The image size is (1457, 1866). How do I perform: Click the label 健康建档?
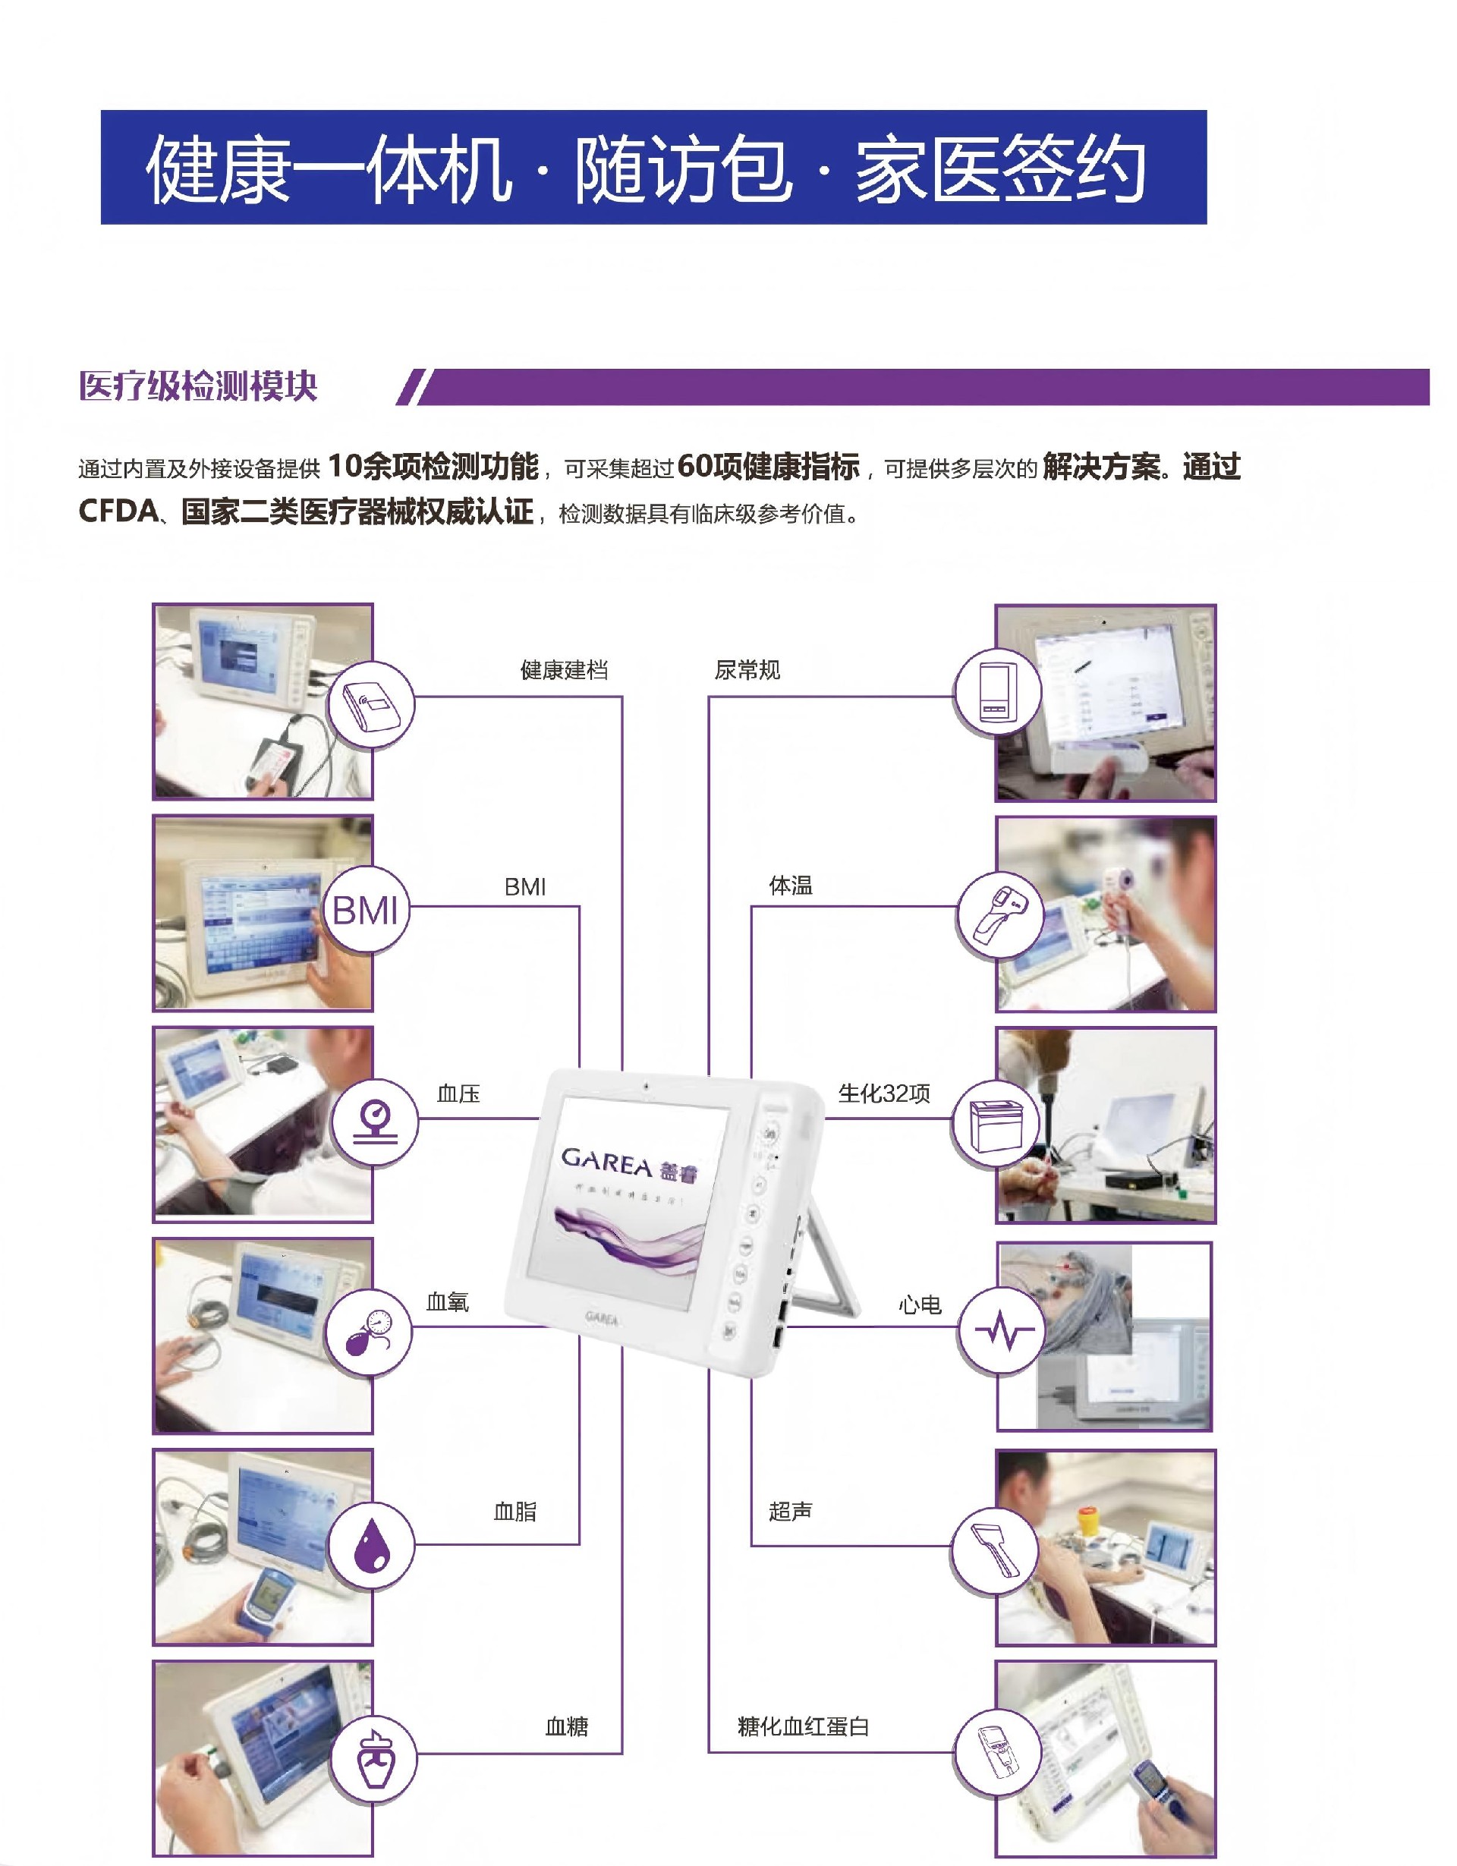tap(564, 670)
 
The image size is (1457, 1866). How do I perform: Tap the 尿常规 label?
tap(747, 670)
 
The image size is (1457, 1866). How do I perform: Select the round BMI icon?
tap(366, 910)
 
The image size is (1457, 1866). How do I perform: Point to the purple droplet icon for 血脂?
tap(371, 1545)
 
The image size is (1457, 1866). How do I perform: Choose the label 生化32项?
tap(883, 1093)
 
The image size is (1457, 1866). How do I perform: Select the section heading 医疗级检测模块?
tap(198, 386)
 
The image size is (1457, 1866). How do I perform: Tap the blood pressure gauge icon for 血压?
tap(374, 1121)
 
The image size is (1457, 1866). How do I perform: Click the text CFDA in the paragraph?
tap(118, 511)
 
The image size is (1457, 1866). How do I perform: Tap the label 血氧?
tap(448, 1302)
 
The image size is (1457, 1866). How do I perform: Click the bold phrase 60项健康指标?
tap(767, 467)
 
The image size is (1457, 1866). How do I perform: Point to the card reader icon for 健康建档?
tap(371, 706)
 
